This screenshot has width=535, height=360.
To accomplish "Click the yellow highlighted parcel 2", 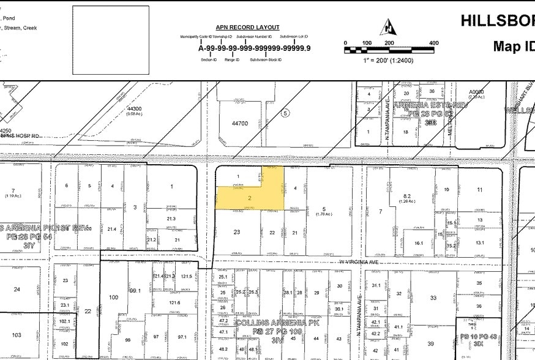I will click(x=250, y=198).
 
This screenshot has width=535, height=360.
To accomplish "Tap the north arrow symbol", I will click(x=389, y=28).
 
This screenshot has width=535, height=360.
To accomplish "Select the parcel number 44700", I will click(x=240, y=123).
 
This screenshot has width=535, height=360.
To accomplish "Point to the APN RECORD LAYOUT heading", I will click(x=247, y=28).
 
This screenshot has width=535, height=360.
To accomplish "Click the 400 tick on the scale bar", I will click(x=433, y=43).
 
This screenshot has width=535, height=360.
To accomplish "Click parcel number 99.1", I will click(x=135, y=291).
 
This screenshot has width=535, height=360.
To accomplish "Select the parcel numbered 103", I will click(x=16, y=335).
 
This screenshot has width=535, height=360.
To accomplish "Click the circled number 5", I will click(x=285, y=113).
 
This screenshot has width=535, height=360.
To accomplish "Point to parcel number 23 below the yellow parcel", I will click(x=237, y=232).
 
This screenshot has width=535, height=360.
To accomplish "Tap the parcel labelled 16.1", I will click(x=419, y=243).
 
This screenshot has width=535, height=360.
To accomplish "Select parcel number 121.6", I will click(x=175, y=302).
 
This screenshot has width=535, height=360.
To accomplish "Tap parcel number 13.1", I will click(x=479, y=243).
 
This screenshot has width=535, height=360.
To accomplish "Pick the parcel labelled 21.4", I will click(x=111, y=228).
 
